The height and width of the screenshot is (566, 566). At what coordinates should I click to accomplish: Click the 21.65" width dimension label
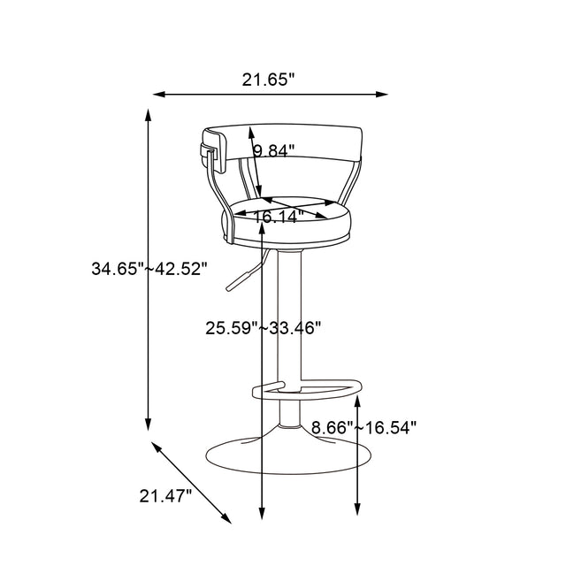pyautogui.click(x=268, y=80)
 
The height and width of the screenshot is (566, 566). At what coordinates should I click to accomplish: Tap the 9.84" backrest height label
pyautogui.click(x=273, y=151)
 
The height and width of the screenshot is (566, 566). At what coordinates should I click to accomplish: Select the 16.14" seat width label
pyautogui.click(x=279, y=215)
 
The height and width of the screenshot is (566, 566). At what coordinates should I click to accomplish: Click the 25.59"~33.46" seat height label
pyautogui.click(x=264, y=328)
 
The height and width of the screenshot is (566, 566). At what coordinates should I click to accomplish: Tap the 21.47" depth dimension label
pyautogui.click(x=165, y=496)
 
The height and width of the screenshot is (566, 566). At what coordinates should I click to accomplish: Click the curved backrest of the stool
pyautogui.click(x=292, y=141)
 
